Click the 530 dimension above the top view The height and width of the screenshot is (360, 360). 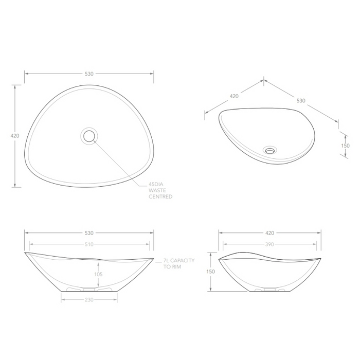[x=89, y=74]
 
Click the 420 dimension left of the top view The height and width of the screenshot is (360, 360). [x=14, y=136]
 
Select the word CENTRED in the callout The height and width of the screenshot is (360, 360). [x=160, y=197]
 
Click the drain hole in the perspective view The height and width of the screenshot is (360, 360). [x=269, y=151]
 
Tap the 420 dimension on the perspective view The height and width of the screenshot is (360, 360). [x=233, y=96]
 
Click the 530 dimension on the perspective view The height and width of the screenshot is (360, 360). [x=301, y=100]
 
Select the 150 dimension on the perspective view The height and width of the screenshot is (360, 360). [x=345, y=146]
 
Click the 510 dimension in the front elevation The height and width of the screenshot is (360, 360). [x=89, y=244]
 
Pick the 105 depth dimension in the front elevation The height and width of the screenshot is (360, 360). [x=98, y=274]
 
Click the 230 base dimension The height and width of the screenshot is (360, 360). [x=89, y=300]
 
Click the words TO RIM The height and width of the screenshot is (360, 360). [x=173, y=267]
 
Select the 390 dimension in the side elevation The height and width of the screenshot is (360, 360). [x=269, y=244]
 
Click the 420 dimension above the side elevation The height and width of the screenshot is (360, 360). [x=269, y=233]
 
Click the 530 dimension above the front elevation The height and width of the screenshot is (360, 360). [x=89, y=233]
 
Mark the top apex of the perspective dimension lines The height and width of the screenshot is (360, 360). [x=264, y=80]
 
